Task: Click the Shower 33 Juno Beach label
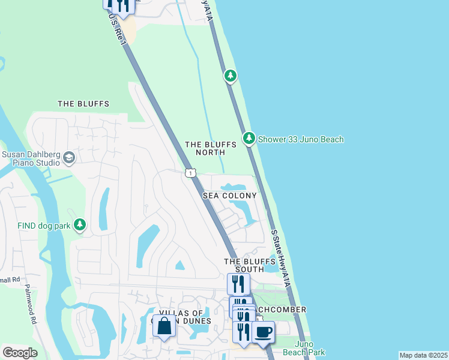(x=301, y=140)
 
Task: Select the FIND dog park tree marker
(x=80, y=225)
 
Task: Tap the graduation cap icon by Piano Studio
(x=68, y=158)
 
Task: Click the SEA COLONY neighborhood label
(x=229, y=196)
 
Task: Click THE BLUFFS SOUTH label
(x=244, y=265)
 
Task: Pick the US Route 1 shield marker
(x=190, y=173)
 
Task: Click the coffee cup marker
(x=263, y=332)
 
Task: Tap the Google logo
(x=20, y=353)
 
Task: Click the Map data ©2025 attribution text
(x=423, y=355)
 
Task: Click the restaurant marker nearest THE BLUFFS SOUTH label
(x=238, y=283)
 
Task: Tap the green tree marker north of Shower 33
(x=230, y=76)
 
